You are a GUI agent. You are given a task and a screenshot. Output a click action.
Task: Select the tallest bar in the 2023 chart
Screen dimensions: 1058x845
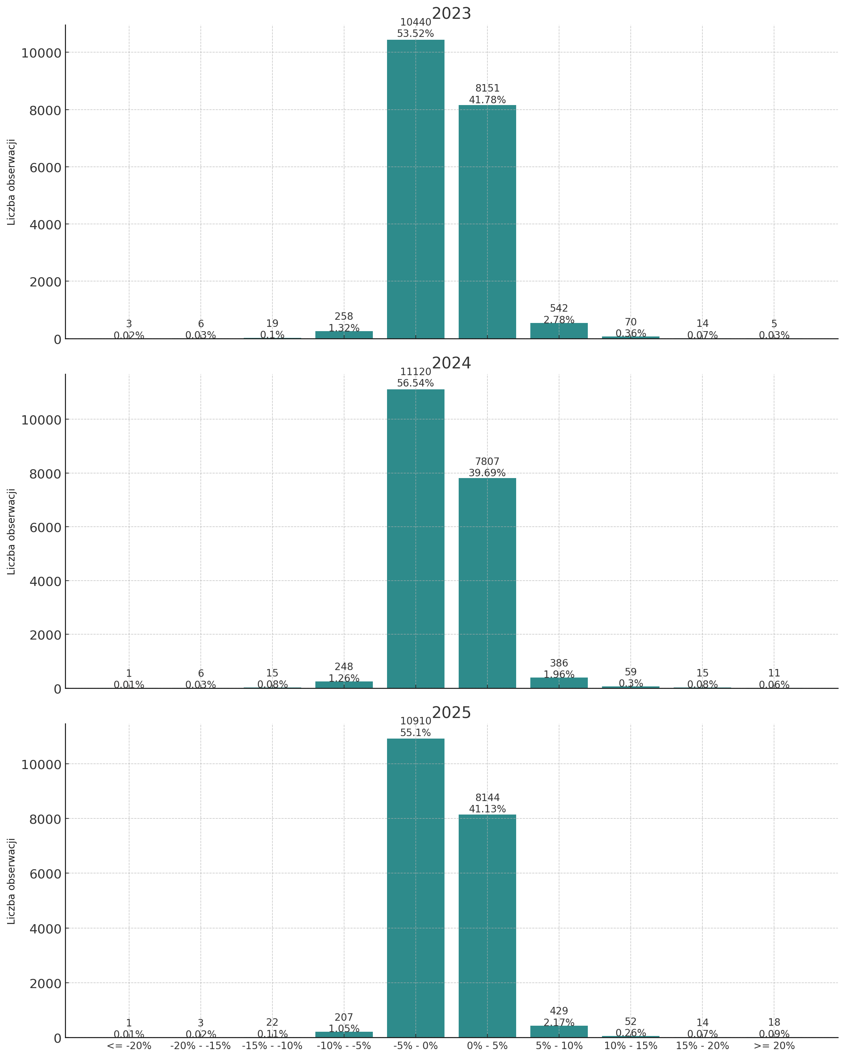[415, 189]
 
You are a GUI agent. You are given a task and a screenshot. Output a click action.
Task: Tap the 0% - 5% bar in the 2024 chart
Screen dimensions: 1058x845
[487, 583]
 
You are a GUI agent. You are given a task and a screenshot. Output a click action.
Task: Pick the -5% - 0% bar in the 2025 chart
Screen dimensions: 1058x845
[415, 888]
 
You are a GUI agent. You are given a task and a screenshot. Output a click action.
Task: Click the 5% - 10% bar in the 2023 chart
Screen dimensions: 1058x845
[559, 331]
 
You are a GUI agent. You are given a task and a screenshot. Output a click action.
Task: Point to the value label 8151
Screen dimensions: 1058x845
[487, 88]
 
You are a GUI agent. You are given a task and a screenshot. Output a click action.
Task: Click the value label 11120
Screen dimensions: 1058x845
[415, 372]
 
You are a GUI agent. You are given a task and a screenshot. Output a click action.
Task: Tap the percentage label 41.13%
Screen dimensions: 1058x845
[487, 809]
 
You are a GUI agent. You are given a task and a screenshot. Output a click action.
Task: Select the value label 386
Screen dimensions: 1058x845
[559, 663]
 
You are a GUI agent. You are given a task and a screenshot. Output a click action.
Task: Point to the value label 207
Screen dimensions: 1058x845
[344, 1018]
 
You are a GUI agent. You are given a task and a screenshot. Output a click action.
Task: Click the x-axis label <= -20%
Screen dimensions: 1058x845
[129, 1046]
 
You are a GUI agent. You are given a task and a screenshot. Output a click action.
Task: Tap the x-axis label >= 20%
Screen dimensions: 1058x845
[774, 1046]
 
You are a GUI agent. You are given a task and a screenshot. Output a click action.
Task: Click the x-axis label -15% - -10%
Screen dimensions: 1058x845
[272, 1046]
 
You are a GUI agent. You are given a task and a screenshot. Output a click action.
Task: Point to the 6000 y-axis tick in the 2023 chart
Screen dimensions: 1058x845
[44, 167]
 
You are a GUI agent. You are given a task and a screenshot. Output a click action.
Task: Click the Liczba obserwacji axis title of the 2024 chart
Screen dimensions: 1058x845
[11, 531]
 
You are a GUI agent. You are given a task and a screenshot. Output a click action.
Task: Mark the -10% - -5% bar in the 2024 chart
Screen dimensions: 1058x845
[344, 685]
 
